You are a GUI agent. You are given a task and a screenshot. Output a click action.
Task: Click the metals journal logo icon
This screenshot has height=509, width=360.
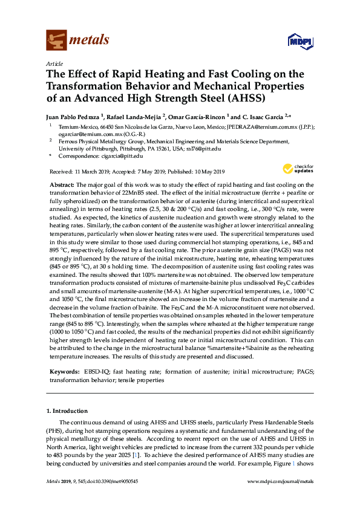(56, 40)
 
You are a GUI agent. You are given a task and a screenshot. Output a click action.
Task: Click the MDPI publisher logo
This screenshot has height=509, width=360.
(295, 41)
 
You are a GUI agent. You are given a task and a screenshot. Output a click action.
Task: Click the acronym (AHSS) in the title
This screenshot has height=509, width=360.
(244, 99)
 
